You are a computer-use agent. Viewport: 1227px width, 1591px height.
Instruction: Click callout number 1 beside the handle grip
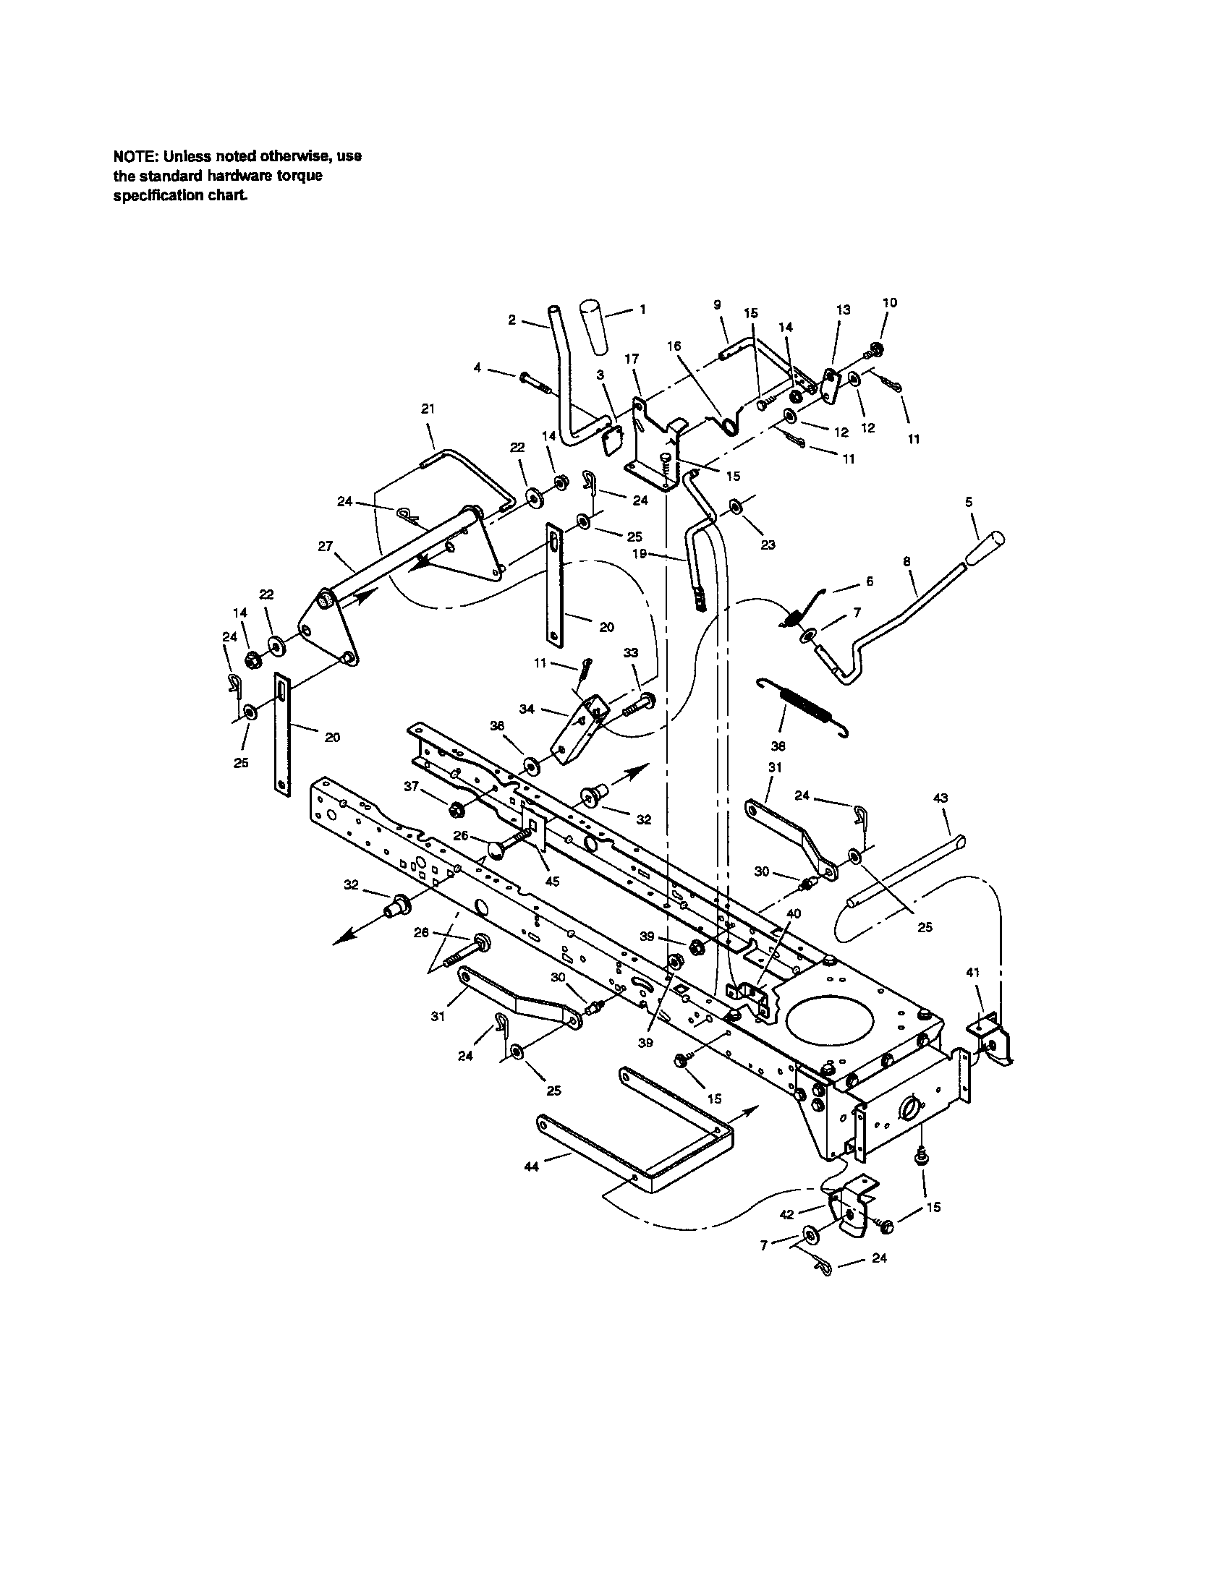tap(642, 309)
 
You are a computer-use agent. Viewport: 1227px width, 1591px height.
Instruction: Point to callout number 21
tap(428, 409)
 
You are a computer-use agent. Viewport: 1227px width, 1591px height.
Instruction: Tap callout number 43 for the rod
tap(940, 798)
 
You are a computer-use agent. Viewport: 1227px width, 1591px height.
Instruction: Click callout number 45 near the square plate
tap(552, 882)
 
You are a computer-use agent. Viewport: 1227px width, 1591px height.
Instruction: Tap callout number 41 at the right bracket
tap(973, 972)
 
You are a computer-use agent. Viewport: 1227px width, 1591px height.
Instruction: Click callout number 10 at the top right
tap(890, 302)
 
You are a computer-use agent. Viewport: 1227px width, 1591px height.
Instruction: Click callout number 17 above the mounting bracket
tap(632, 359)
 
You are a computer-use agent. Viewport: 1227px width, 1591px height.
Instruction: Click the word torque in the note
tap(301, 176)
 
